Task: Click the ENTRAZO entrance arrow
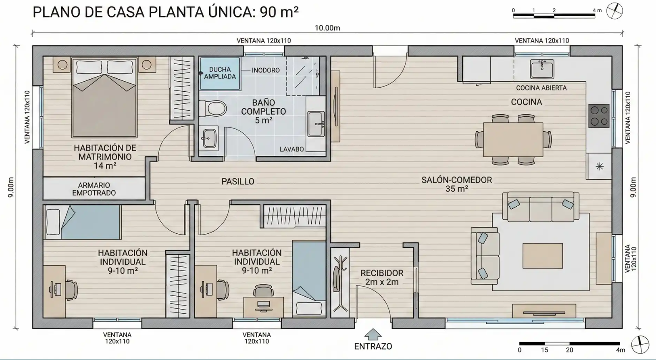(373, 334)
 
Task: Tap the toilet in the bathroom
(213, 109)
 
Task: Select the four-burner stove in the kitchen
(599, 115)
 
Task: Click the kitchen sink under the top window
(542, 69)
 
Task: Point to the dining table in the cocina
(513, 140)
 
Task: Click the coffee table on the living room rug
(543, 255)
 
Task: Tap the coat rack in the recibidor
(339, 283)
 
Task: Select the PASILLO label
(238, 182)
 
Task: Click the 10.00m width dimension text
(327, 28)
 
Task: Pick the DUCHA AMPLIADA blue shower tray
(220, 73)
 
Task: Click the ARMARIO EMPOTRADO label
(94, 189)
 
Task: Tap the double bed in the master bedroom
(104, 98)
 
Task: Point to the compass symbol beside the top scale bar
(614, 11)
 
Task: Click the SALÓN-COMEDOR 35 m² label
(456, 184)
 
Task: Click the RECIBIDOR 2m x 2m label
(382, 277)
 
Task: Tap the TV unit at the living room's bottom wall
(544, 311)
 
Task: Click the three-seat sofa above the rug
(541, 207)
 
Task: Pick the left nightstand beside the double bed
(62, 65)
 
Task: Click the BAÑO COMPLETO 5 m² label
(263, 112)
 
